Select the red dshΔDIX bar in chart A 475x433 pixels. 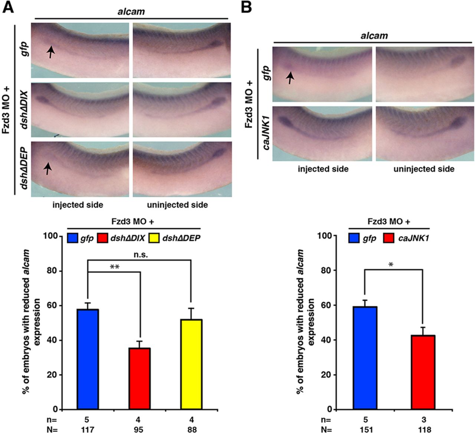139,378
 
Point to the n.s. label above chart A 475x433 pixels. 139,255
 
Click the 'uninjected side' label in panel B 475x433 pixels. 424,169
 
